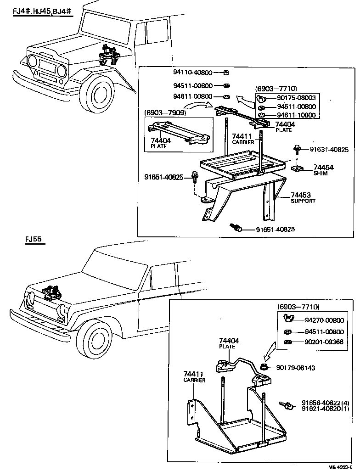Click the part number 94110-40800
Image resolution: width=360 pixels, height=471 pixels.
pos(192,73)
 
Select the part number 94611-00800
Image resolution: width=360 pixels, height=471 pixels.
pos(192,96)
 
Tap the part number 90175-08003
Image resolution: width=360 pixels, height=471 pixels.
pos(296,98)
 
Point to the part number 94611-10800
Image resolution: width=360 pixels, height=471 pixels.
pos(296,115)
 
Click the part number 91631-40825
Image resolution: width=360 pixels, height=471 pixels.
pos(329,150)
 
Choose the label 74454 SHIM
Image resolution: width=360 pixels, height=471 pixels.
pos(323,170)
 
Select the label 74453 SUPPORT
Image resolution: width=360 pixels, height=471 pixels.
pos(303,197)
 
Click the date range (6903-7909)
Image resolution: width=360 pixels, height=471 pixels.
pos(164,112)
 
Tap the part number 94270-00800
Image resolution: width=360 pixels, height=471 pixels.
pos(324,320)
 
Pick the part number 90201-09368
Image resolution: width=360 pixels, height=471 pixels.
pos(324,342)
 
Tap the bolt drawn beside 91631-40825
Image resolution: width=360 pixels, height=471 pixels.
pos(297,149)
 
